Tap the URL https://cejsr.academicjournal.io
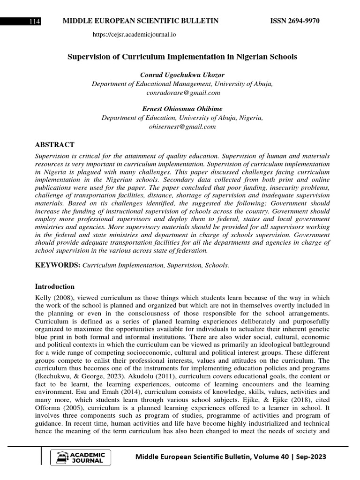[135, 34]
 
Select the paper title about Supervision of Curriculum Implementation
[182, 57]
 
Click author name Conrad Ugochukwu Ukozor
[182, 75]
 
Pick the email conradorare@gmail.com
[182, 93]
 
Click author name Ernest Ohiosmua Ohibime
[182, 109]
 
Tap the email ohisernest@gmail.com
[182, 127]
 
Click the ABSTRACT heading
[55, 144]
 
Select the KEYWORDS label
[58, 265]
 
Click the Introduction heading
[55, 286]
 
